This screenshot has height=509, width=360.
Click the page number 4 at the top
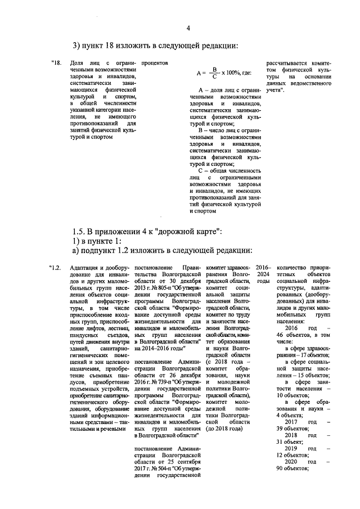pos(188,29)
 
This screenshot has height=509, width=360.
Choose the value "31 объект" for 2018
pos(294,442)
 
